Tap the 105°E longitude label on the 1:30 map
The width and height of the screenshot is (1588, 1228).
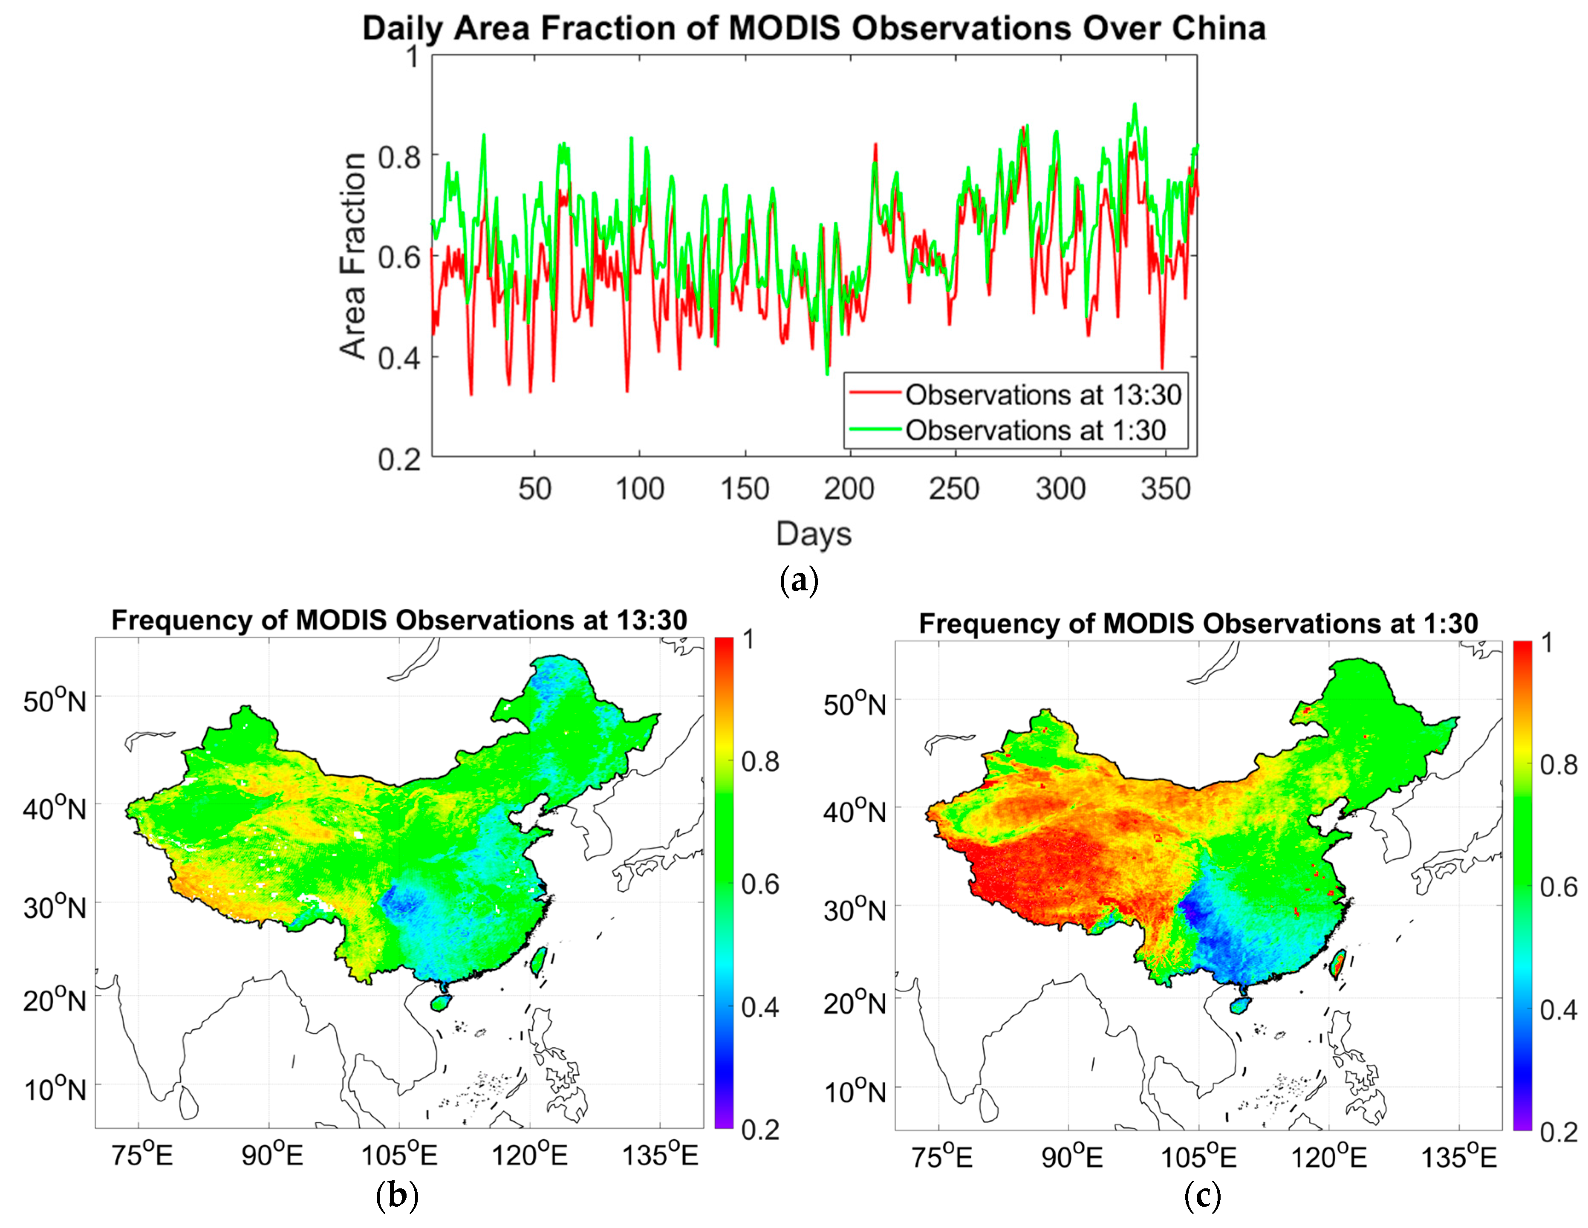coord(1198,1157)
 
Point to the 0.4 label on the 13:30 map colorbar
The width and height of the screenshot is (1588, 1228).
coord(760,1007)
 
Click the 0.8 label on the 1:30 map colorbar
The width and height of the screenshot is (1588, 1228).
coord(1558,765)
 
